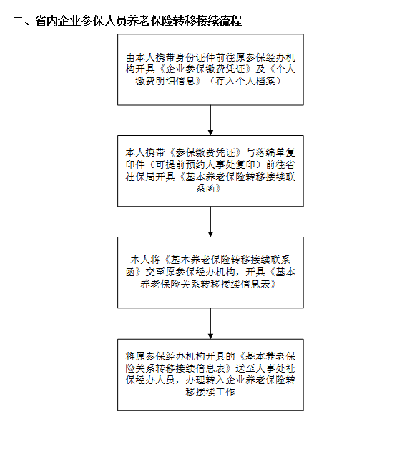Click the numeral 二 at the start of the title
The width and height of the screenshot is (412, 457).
[x=17, y=21]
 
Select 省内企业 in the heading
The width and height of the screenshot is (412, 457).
[x=57, y=21]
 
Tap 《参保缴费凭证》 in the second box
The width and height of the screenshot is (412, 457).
[x=205, y=152]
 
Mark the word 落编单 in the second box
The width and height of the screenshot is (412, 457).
[x=270, y=152]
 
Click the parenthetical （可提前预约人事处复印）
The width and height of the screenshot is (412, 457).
[x=205, y=164]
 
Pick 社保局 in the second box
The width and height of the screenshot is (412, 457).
[x=140, y=177]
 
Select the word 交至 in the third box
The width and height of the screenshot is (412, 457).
[x=155, y=272]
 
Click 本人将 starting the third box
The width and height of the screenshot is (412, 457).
[x=145, y=260]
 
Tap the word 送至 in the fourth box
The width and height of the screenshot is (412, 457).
[x=245, y=368]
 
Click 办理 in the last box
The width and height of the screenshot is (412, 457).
[x=195, y=380]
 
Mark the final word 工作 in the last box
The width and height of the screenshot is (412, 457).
[x=225, y=392]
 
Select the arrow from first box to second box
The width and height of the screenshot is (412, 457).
[x=210, y=120]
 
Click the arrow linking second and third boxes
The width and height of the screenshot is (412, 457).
[x=210, y=222]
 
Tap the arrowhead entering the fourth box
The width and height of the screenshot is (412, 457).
[x=210, y=336]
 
